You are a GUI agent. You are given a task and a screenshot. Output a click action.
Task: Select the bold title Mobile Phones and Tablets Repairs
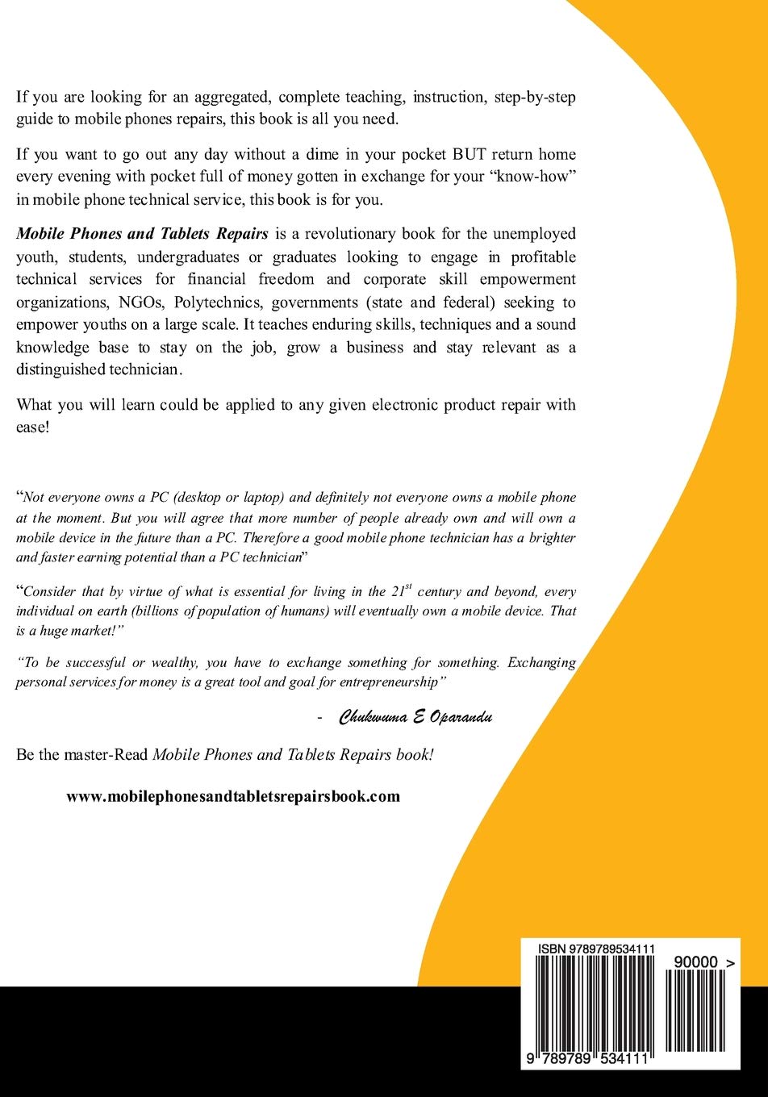click(142, 235)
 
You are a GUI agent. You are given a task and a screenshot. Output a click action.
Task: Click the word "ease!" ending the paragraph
click(33, 427)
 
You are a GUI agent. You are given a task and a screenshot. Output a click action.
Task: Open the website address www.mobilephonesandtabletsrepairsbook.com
click(233, 796)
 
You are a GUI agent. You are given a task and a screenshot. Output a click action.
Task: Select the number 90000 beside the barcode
click(694, 963)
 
